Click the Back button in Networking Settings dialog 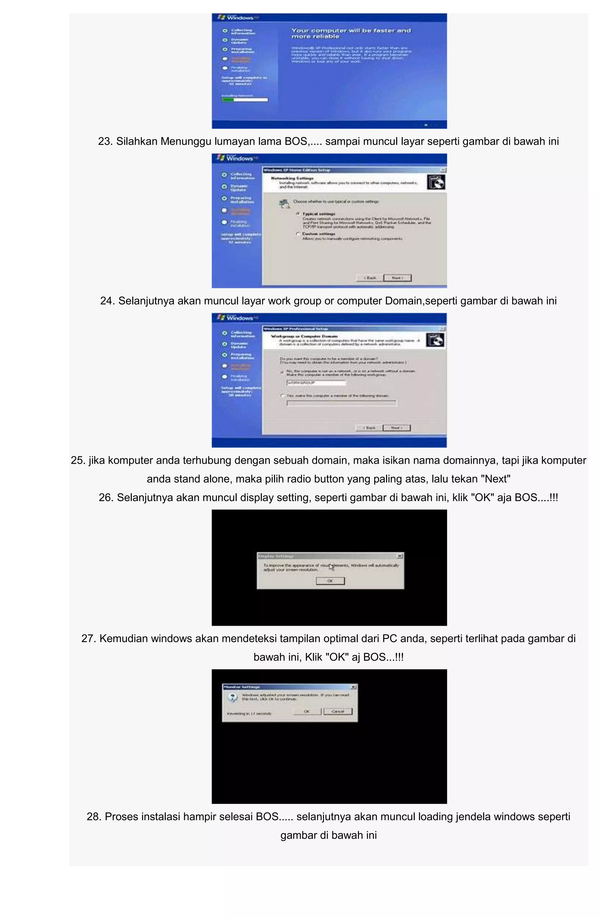tap(370, 278)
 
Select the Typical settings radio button tap(298, 213)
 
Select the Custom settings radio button tap(298, 234)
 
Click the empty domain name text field tap(341, 403)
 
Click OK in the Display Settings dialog tap(330, 581)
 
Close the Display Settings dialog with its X tap(400, 556)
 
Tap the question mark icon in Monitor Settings tap(233, 697)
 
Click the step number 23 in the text tap(105, 142)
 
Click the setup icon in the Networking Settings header tap(436, 182)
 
